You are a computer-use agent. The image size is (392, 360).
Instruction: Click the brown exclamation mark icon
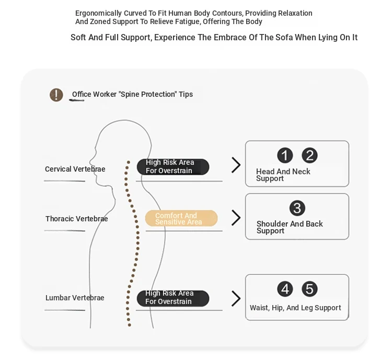56,95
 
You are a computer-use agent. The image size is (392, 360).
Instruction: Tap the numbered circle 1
285,155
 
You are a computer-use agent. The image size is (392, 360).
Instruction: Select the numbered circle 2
309,155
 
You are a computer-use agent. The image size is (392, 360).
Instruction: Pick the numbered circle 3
297,208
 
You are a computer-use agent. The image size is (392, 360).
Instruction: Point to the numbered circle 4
285,289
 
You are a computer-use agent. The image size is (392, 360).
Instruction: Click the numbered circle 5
309,289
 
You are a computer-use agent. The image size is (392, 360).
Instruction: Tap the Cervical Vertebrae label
75,169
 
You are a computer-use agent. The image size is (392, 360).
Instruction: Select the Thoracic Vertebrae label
76,219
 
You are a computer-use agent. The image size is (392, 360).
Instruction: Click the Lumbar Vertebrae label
75,298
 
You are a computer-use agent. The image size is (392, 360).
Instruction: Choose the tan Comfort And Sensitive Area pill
181,218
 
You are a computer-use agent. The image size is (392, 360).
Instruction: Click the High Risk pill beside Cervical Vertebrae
173,167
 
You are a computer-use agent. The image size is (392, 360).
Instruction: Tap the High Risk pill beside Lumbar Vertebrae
173,298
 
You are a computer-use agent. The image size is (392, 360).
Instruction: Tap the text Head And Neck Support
283,175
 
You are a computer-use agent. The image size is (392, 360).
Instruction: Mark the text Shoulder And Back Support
290,227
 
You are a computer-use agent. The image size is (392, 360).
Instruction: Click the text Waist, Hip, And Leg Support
295,308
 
